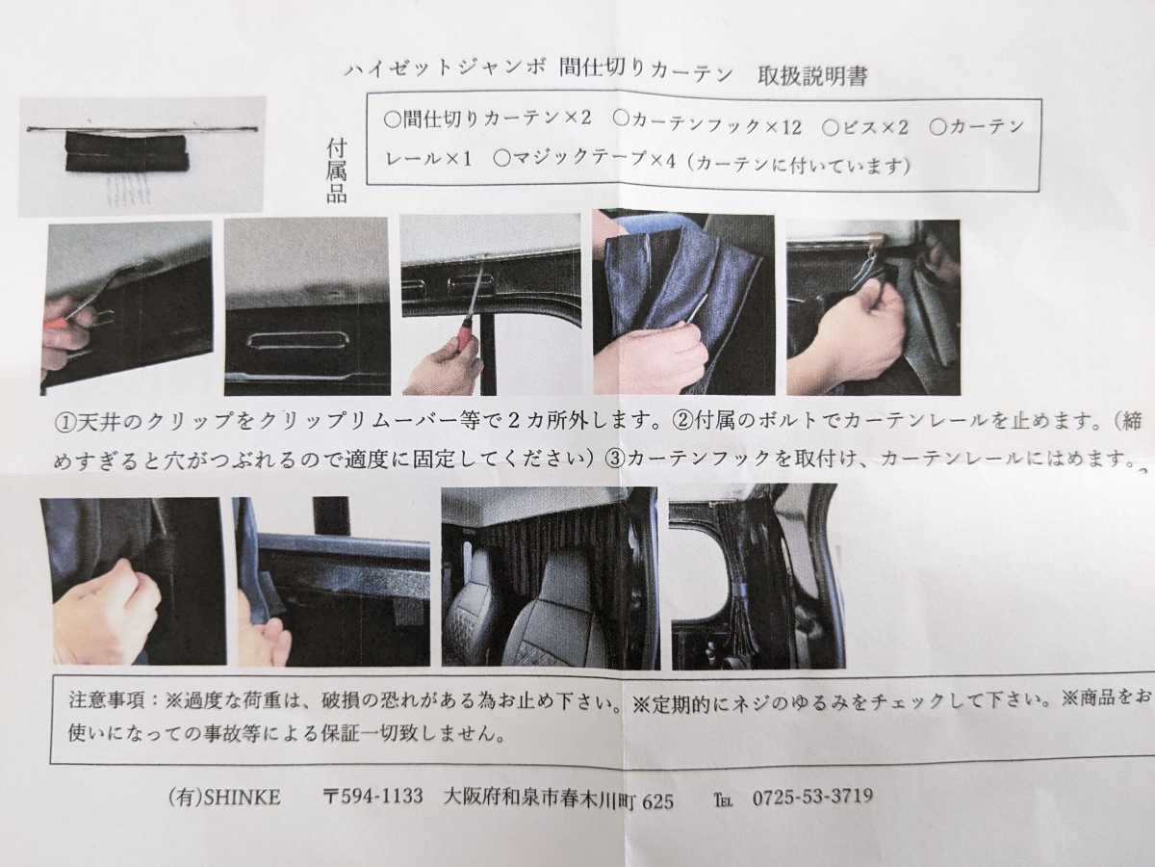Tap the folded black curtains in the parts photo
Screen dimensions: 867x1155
tap(125, 153)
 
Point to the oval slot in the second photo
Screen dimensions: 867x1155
tap(297, 340)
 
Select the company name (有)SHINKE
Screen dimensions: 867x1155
tap(223, 798)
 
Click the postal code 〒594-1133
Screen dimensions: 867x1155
tap(372, 798)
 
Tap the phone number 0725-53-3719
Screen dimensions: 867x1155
tap(811, 797)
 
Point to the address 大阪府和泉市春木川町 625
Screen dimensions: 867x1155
tap(558, 799)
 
